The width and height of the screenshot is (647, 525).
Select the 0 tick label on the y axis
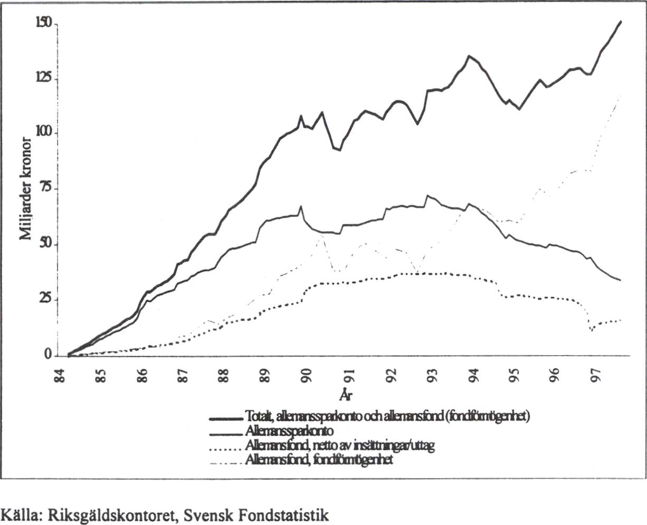click(x=48, y=355)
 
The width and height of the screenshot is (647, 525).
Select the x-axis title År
click(x=346, y=395)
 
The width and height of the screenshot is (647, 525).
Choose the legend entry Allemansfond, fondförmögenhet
click(x=319, y=460)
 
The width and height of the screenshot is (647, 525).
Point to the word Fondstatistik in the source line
click(x=289, y=513)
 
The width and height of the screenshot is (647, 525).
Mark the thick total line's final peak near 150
click(x=620, y=22)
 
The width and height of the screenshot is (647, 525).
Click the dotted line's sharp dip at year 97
click(x=592, y=330)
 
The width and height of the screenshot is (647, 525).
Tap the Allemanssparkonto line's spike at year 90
click(x=301, y=206)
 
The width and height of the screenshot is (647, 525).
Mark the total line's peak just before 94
click(x=469, y=56)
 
